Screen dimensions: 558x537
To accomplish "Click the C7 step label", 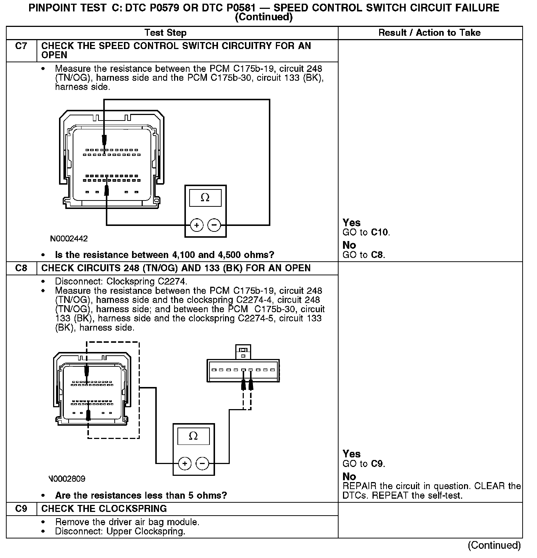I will coord(21,46).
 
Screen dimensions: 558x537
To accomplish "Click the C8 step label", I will coord(21,268).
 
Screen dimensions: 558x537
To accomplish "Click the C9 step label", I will coord(21,509).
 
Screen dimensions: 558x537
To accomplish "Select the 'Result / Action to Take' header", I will coord(429,33).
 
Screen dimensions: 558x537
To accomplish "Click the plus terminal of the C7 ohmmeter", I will coord(197,225).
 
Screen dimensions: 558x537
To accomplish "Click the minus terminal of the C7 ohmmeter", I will coord(214,225).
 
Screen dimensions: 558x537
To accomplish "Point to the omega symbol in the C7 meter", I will coord(205,198).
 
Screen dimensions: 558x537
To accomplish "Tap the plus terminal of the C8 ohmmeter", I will coord(185,463).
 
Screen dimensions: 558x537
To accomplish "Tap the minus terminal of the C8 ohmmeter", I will coord(202,463).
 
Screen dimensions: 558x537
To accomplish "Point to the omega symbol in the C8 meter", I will coord(193,436).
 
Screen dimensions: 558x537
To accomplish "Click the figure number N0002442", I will coord(69,239).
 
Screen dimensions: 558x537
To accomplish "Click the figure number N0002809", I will coord(67,479).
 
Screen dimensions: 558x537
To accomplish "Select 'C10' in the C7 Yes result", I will coord(380,233).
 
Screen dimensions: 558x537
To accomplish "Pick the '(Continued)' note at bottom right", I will coord(494,545).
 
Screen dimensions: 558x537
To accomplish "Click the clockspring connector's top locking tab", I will coord(243,351).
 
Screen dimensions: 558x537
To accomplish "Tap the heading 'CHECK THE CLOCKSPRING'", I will coord(104,509).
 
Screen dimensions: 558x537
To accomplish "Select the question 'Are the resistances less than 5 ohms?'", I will coord(141,495).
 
